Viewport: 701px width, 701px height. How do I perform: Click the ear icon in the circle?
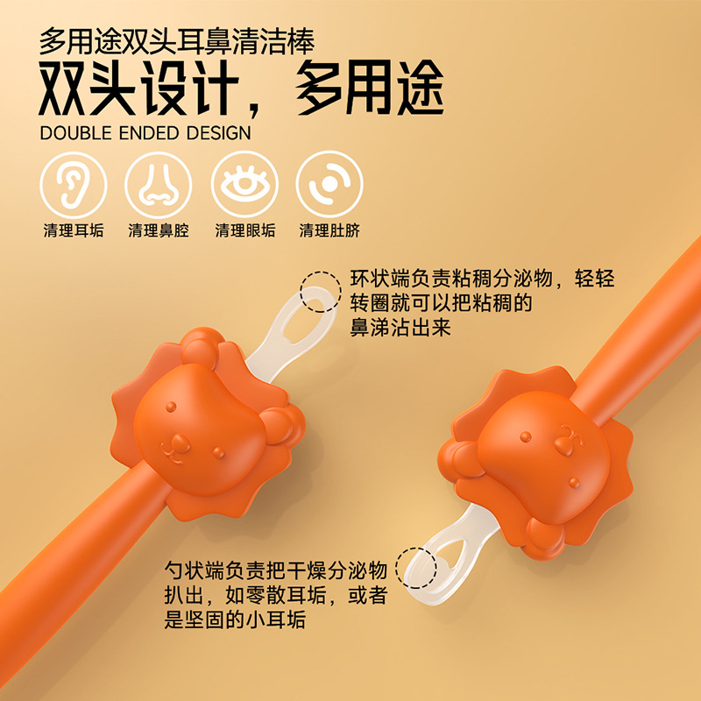(74, 185)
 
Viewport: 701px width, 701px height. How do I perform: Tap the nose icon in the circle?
(159, 185)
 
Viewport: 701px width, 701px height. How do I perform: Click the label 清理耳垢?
(74, 230)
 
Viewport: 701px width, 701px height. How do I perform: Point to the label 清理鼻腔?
(159, 230)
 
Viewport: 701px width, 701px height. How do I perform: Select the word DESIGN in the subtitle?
(216, 133)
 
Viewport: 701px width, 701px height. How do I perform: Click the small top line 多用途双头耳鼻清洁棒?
(177, 41)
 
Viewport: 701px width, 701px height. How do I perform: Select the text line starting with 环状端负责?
(482, 280)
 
